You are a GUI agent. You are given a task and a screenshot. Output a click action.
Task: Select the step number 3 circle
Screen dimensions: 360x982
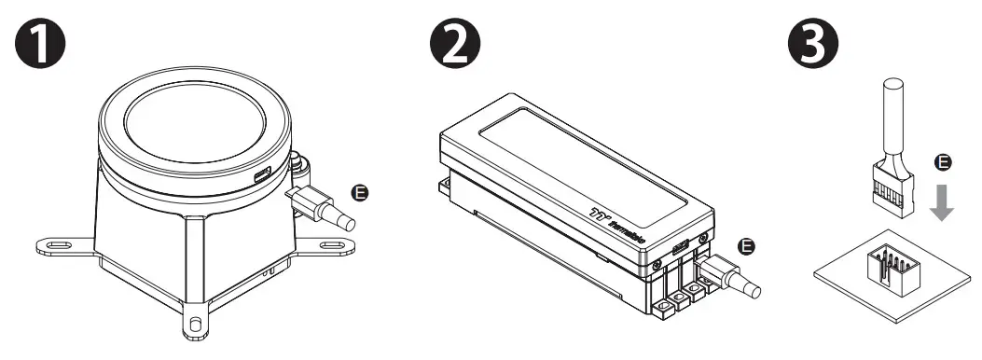[811, 43]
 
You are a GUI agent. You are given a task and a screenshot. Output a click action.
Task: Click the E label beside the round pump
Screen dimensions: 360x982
[360, 194]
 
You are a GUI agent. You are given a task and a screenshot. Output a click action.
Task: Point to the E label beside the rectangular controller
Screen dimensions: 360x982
[743, 246]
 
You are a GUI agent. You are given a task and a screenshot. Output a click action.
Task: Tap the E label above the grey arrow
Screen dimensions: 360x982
[944, 162]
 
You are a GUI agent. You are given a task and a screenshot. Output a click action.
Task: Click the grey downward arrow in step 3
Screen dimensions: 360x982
[943, 201]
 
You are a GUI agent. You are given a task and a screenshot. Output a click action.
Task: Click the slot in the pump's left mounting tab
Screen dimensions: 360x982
[53, 246]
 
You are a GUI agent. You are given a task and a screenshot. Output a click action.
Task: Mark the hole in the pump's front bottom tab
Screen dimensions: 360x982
[193, 325]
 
